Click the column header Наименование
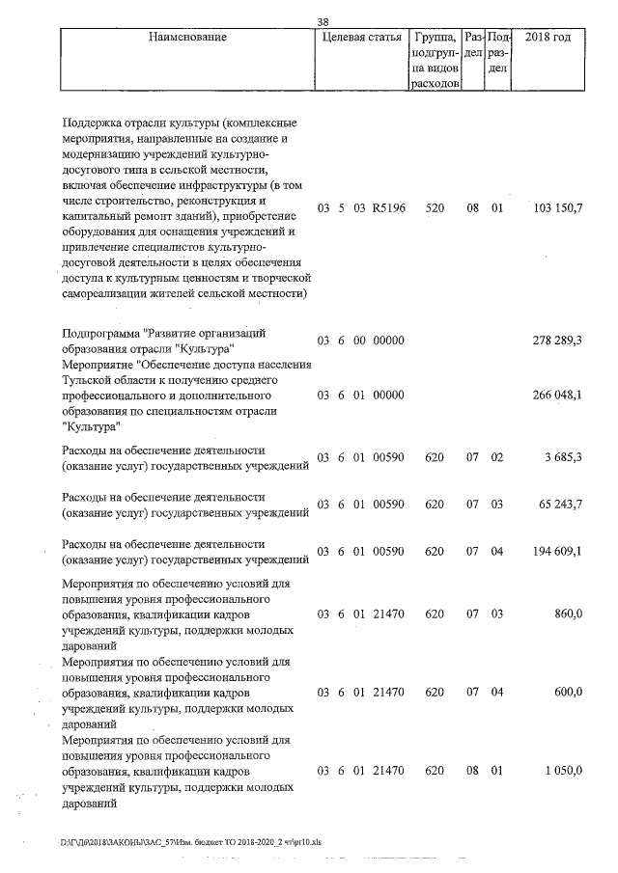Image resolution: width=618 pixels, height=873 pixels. pyautogui.click(x=187, y=37)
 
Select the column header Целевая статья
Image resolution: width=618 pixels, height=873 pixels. pyautogui.click(x=359, y=37)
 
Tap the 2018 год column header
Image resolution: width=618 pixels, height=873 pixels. pyautogui.click(x=547, y=37)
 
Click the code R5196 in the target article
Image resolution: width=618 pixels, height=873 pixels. pyautogui.click(x=390, y=208)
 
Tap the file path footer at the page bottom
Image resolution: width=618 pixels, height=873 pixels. pyautogui.click(x=191, y=842)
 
